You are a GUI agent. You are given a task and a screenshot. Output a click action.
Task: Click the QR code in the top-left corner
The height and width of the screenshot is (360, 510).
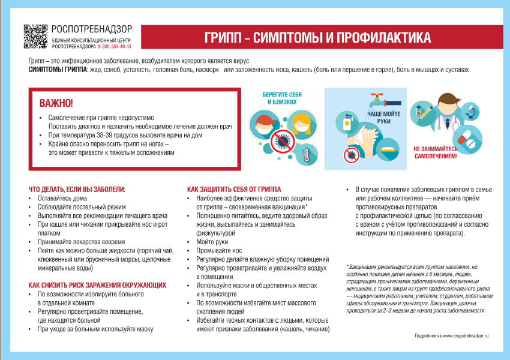click(x=35, y=37)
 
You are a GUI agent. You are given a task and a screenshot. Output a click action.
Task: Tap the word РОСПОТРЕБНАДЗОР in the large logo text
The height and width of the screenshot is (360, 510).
click(x=91, y=29)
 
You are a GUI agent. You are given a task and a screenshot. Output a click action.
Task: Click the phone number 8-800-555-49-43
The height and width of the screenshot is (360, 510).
click(x=114, y=46)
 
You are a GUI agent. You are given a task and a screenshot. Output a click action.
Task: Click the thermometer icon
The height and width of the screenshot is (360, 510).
click(x=305, y=154)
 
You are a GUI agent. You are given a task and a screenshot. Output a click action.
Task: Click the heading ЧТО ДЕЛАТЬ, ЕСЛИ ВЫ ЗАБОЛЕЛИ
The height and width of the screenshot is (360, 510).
click(x=77, y=189)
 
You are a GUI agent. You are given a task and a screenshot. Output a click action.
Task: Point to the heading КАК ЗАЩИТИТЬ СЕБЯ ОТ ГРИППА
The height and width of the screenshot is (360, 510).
click(x=234, y=189)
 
